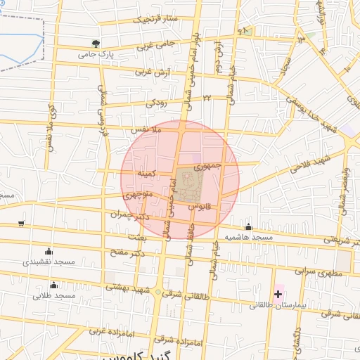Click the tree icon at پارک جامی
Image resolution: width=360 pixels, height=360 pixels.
click(96, 44)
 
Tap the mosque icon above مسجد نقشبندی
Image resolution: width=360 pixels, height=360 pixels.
click(49, 251)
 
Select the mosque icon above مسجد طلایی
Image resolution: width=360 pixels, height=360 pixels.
click(54, 285)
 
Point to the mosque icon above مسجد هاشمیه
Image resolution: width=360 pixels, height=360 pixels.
click(249, 226)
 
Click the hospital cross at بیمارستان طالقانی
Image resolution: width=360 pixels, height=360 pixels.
click(278, 293)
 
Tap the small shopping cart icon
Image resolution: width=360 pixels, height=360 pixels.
click(21, 224)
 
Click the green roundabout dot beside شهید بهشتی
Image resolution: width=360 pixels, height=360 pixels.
click(158, 292)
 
